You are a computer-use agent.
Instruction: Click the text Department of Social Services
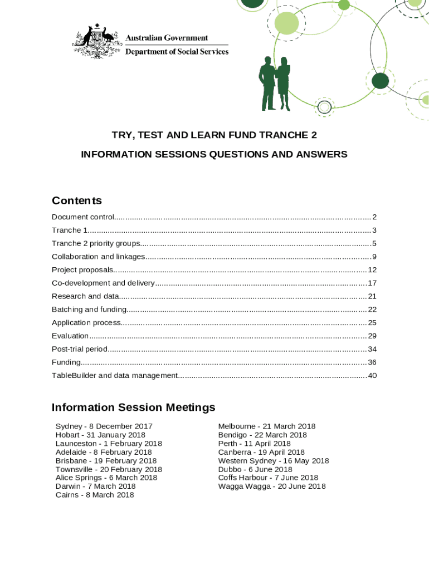177,52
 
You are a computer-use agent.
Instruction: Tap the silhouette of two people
275,83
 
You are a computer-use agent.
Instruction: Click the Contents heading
77,200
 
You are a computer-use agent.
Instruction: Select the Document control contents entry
83,217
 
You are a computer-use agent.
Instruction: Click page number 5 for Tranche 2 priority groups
374,243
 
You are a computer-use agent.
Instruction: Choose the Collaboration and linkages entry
98,257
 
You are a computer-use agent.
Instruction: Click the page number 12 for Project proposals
372,270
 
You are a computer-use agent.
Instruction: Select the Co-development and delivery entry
103,283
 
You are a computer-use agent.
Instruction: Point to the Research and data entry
85,296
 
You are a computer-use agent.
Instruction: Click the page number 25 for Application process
372,323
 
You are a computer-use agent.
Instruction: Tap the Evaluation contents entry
70,336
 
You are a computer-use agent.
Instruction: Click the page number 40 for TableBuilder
372,376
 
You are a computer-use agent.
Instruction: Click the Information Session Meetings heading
133,407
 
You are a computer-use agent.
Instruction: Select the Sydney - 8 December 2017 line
104,426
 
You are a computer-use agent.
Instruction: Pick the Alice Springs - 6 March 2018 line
106,478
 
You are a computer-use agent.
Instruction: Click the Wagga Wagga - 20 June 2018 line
272,487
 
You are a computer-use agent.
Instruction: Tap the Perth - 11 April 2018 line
254,444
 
